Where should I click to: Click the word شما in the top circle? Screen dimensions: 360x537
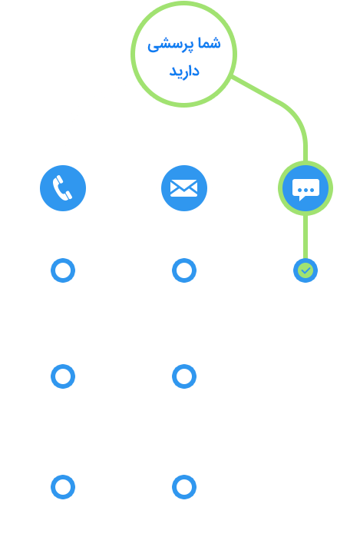tap(208, 44)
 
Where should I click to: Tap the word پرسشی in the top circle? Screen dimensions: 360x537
tap(170, 45)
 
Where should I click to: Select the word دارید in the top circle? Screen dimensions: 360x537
tap(184, 71)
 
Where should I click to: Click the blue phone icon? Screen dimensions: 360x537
tap(63, 188)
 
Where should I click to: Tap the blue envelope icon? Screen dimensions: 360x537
tap(184, 188)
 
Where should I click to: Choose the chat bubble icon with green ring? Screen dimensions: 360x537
tap(306, 188)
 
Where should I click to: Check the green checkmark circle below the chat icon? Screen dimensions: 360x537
tap(306, 270)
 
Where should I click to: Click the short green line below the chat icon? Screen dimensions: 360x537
tap(306, 237)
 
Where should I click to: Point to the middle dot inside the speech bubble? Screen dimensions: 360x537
tap(306, 191)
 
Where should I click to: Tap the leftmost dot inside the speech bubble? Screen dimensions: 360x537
tap(300, 191)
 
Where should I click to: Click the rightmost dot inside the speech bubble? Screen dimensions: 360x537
tap(312, 191)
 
